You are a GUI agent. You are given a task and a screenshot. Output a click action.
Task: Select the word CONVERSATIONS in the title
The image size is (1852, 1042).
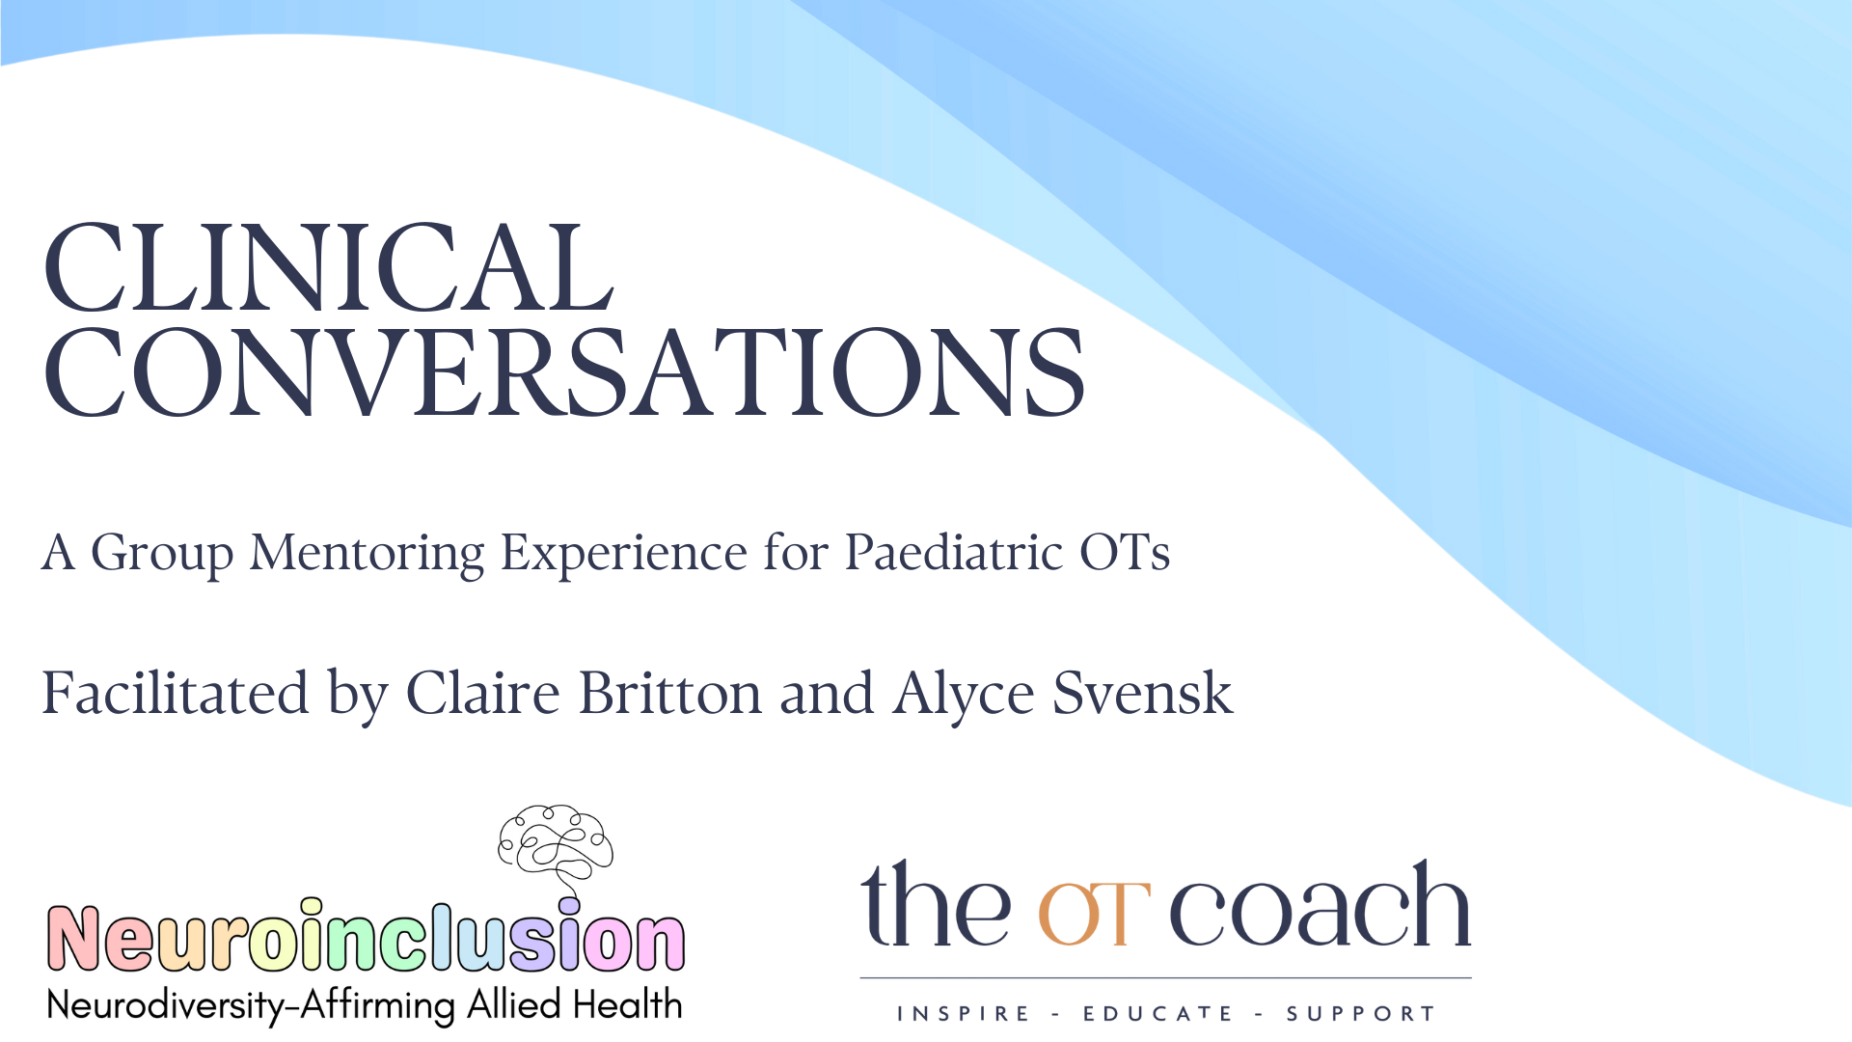[x=564, y=373]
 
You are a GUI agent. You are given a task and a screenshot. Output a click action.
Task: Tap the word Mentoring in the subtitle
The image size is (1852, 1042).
[x=367, y=553]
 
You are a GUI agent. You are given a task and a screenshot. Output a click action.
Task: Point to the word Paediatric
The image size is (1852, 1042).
[x=954, y=553]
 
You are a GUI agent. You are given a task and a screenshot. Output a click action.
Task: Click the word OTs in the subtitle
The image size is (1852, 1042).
[x=1124, y=553]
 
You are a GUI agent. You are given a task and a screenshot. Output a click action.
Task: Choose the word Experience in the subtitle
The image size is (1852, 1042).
[x=623, y=553]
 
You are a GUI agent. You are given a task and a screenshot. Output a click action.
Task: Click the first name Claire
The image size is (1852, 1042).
[x=482, y=694]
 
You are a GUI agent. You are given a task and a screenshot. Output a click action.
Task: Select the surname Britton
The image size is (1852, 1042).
[x=670, y=694]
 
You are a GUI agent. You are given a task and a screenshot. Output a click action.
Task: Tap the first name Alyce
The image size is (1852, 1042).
[x=964, y=696]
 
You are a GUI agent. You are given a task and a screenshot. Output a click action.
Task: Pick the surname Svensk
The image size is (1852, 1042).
[x=1142, y=694]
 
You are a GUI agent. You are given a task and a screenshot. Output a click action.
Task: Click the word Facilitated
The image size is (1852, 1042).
[x=176, y=694]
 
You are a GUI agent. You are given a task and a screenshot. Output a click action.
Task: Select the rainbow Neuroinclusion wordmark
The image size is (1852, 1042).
[x=366, y=939]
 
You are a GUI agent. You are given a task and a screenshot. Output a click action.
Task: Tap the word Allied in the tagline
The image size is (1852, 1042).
[x=513, y=1005]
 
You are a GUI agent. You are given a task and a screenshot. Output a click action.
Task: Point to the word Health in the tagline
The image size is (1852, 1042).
[x=628, y=1005]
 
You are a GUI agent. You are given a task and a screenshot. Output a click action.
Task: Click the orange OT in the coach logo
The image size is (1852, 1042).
[x=1093, y=914]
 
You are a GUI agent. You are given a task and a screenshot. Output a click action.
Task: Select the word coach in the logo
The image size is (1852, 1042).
[x=1320, y=907]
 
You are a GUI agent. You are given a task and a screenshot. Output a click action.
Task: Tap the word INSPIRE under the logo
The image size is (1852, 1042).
[x=964, y=1014]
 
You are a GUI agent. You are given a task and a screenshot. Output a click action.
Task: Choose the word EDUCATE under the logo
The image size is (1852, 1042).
[x=1157, y=1014]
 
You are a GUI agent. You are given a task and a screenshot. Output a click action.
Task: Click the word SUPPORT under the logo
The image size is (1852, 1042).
[x=1360, y=1014]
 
